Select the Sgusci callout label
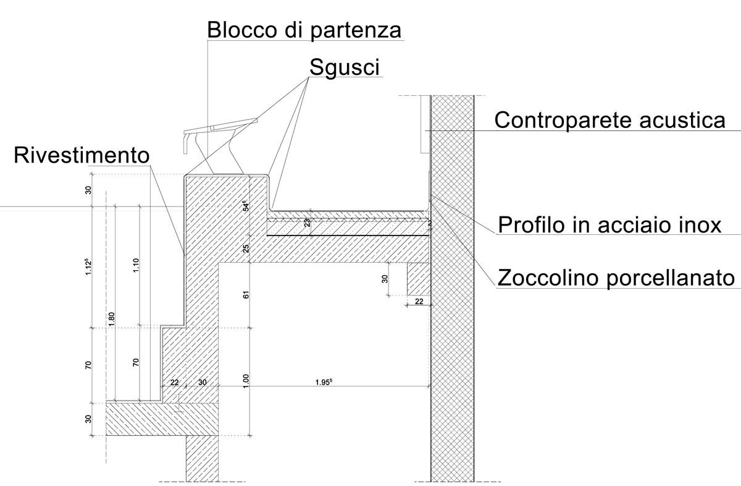coord(345,67)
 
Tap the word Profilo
coord(532,224)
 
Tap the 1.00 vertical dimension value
coord(246,382)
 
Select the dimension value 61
coord(246,295)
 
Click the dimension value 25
coord(246,249)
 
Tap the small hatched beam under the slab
coord(418,279)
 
